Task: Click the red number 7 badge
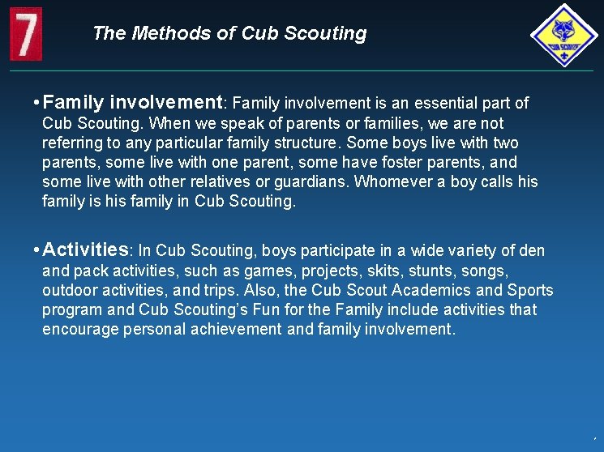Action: [x=26, y=34]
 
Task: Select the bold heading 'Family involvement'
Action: [x=133, y=102]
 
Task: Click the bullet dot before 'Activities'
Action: [x=36, y=249]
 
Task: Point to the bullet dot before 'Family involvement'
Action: [x=36, y=103]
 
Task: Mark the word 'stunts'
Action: [x=434, y=271]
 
